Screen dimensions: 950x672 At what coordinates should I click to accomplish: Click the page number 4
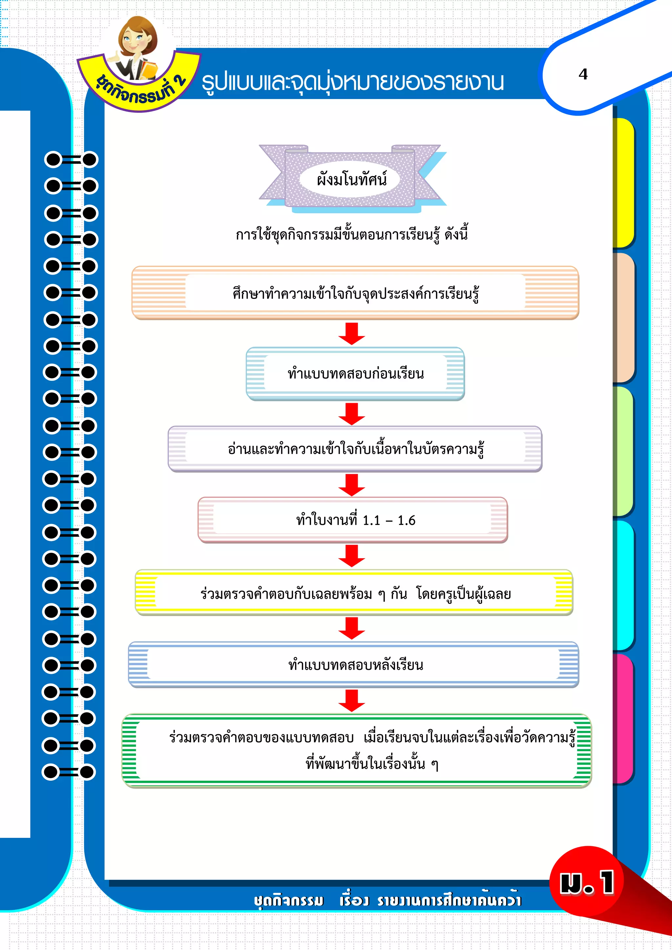(583, 74)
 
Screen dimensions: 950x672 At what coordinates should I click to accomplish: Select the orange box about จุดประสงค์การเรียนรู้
(355, 293)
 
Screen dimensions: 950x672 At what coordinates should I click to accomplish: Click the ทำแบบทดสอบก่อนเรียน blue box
(355, 374)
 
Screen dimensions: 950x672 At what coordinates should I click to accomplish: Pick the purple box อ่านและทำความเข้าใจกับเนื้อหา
(355, 449)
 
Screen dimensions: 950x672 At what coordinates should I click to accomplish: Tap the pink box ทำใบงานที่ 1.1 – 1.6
(352, 520)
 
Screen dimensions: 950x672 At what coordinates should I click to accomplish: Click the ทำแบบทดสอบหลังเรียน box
(354, 665)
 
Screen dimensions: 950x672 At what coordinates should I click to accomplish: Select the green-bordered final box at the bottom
(357, 751)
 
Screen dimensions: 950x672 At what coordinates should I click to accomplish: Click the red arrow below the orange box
(351, 334)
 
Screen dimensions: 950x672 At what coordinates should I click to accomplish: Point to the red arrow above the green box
(351, 700)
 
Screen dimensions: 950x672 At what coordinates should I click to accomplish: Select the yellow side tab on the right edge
(623, 183)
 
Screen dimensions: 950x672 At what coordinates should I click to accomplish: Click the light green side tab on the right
(623, 451)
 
